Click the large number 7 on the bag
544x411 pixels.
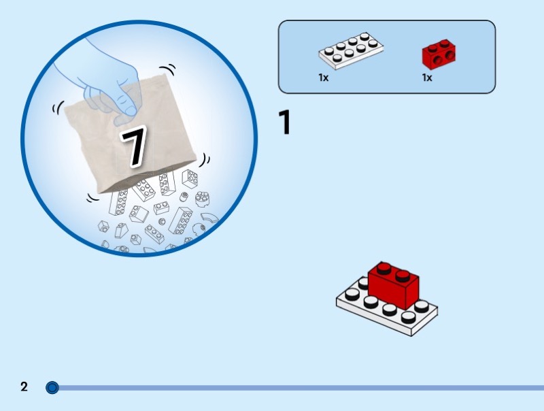pyautogui.click(x=134, y=146)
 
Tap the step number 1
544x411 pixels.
pyautogui.click(x=284, y=122)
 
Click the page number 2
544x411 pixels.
pyautogui.click(x=24, y=387)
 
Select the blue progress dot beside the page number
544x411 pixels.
pyautogui.click(x=52, y=387)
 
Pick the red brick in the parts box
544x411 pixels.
pyautogui.click(x=439, y=54)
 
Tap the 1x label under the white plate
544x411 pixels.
pyautogui.click(x=324, y=78)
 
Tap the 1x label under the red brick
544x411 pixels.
pyautogui.click(x=427, y=78)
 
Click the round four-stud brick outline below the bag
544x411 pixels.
pyautogui.click(x=202, y=199)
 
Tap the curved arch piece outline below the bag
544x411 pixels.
pyautogui.click(x=210, y=218)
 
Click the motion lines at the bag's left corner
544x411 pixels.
pyautogui.click(x=58, y=108)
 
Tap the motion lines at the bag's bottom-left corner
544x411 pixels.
pyautogui.click(x=92, y=198)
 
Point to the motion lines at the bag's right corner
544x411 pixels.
pyautogui.click(x=205, y=160)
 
